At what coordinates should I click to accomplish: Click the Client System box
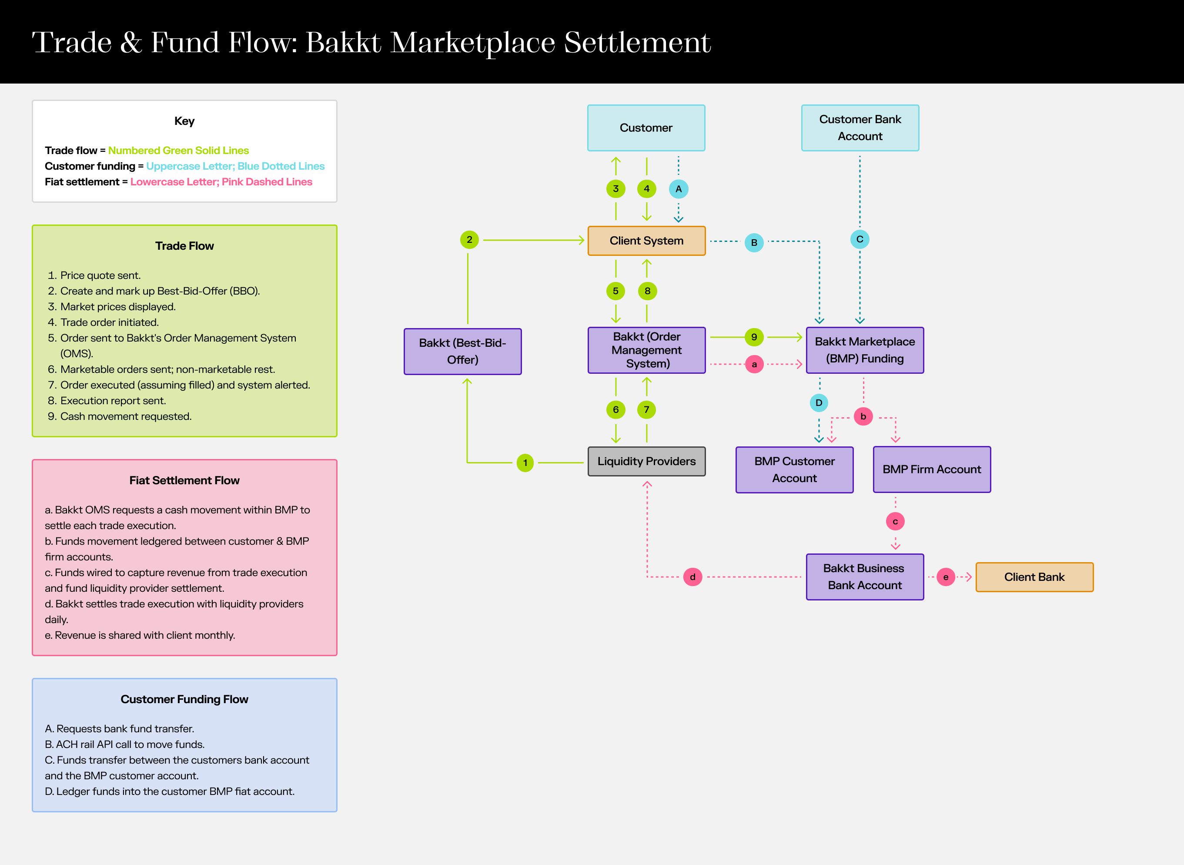(646, 241)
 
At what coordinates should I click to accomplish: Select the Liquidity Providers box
(646, 461)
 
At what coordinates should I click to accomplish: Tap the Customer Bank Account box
(860, 128)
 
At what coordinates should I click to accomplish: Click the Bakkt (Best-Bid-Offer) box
(462, 351)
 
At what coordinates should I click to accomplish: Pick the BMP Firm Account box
(932, 469)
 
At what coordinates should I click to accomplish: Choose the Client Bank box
(1034, 577)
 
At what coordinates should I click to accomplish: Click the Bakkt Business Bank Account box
(865, 577)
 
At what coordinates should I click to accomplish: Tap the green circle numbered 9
(754, 337)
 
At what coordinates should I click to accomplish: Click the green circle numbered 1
(525, 463)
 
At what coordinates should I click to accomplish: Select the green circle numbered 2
(469, 240)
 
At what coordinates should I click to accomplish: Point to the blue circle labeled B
(754, 242)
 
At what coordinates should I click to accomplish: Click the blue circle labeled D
(819, 402)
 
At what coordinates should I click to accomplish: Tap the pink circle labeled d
(692, 577)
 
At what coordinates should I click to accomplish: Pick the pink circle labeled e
(945, 577)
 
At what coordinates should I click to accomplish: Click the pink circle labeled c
(895, 522)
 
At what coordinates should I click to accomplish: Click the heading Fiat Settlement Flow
(184, 480)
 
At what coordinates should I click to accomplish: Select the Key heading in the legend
(184, 121)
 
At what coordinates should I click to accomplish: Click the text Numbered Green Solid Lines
(178, 150)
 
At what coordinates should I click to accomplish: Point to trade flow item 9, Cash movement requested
(126, 416)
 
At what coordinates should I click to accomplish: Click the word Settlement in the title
(637, 43)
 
